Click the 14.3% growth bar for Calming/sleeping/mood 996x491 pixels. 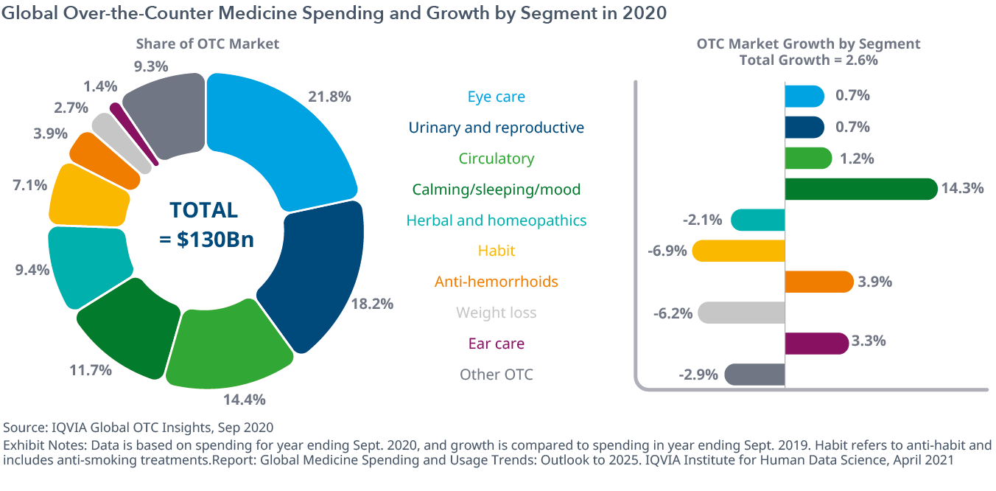coord(860,189)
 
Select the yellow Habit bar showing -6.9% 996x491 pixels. coord(739,251)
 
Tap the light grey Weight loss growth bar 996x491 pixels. coord(741,313)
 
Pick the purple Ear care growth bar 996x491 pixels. coord(817,344)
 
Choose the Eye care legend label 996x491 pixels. coord(496,97)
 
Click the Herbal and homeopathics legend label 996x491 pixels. coord(496,220)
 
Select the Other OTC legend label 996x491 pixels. coord(496,375)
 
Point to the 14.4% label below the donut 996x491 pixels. coord(245,400)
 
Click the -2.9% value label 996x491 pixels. coord(698,375)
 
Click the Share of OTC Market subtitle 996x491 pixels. coord(207,44)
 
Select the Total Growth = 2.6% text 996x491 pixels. coord(808,60)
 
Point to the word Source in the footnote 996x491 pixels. coord(22,427)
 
